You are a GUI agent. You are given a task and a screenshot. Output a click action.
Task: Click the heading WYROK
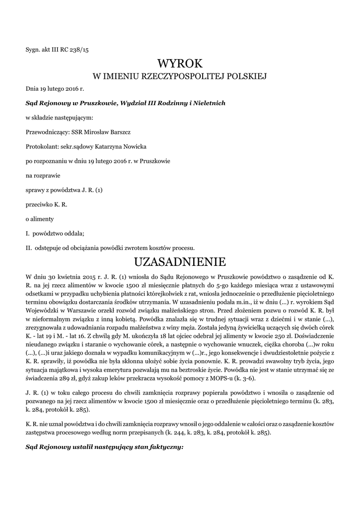pos(180,63)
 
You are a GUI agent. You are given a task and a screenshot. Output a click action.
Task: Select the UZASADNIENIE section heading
pos(180,261)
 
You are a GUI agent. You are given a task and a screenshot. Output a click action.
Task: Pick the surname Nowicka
pos(135,146)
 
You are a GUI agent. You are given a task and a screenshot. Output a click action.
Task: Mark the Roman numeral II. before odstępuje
pos(29,248)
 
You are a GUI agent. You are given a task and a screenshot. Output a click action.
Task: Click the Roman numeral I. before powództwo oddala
pos(28,233)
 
